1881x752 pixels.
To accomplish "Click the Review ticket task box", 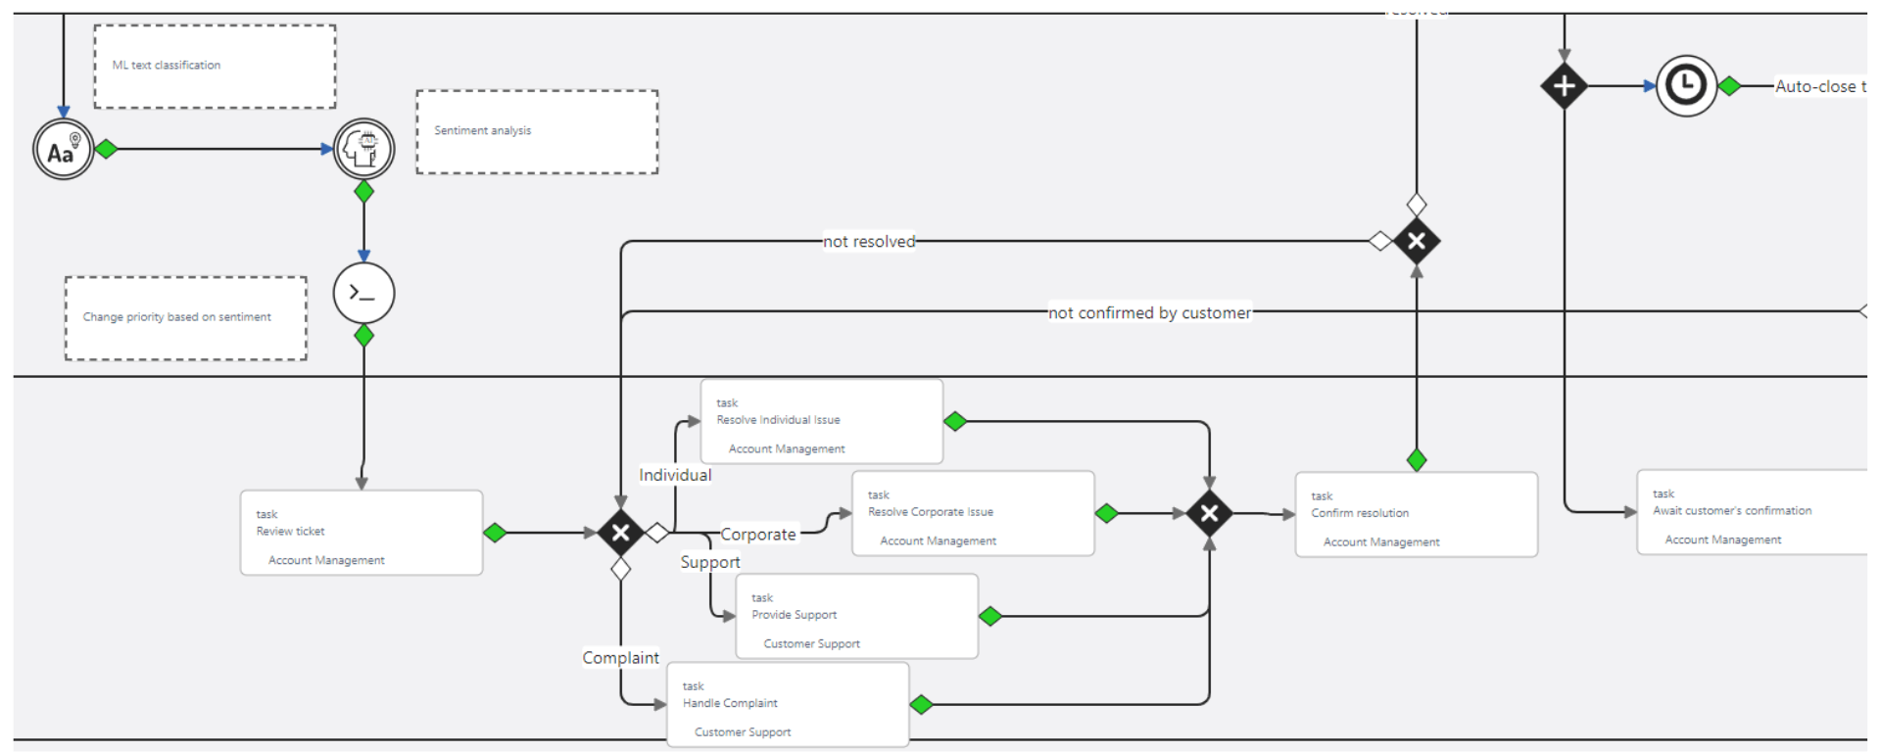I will click(x=362, y=533).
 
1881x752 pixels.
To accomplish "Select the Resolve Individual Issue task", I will click(x=821, y=422).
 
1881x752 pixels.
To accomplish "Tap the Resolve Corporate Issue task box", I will click(x=973, y=514).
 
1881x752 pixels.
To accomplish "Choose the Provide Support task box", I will click(x=856, y=617).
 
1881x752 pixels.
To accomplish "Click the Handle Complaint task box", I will click(x=788, y=705).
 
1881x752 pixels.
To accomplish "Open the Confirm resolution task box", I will click(x=1416, y=515).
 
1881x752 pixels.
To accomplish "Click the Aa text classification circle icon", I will click(x=64, y=150).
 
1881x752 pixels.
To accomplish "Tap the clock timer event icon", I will click(x=1686, y=86).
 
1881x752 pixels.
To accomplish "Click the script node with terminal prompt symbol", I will click(x=363, y=293).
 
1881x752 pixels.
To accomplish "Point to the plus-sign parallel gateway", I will click(x=1564, y=86).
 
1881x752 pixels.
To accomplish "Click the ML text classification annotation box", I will click(x=215, y=67).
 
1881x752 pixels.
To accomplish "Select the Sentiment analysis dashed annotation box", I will click(x=537, y=132).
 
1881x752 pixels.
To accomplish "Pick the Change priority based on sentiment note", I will click(x=186, y=318).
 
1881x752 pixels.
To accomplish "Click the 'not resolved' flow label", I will click(x=869, y=242).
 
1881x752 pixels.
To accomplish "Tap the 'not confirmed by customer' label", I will click(x=1149, y=313).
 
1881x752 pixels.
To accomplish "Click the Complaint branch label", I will click(x=620, y=658).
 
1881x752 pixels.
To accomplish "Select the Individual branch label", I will click(x=675, y=475).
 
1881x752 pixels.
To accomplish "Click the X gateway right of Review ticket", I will click(x=620, y=533).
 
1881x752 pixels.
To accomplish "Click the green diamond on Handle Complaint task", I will click(x=921, y=704).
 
